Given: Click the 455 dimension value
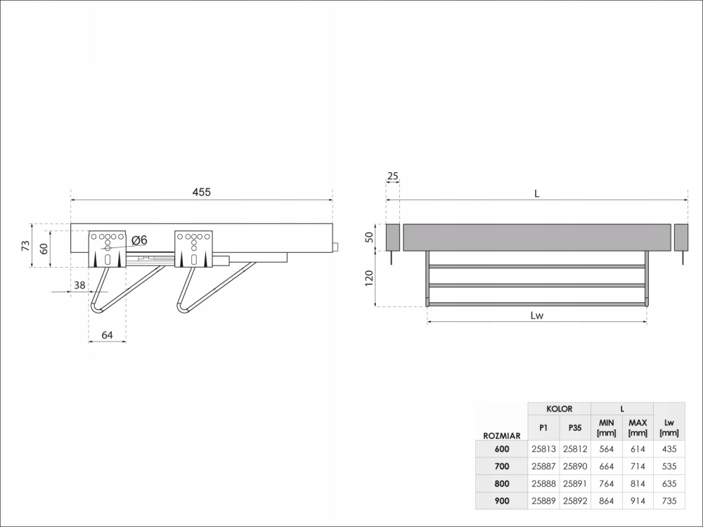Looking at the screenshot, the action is click(201, 192).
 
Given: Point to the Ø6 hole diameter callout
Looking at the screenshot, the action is click(139, 240).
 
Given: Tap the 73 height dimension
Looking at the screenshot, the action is click(25, 245).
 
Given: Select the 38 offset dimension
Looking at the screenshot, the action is click(79, 285).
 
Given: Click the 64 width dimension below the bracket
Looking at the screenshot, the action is click(107, 334).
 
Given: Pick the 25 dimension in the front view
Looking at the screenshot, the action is click(393, 176).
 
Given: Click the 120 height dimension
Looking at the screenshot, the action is click(369, 278).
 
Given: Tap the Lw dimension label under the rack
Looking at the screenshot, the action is click(536, 315).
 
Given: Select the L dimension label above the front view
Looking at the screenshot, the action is click(536, 194).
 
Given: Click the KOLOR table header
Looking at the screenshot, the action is click(559, 409).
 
